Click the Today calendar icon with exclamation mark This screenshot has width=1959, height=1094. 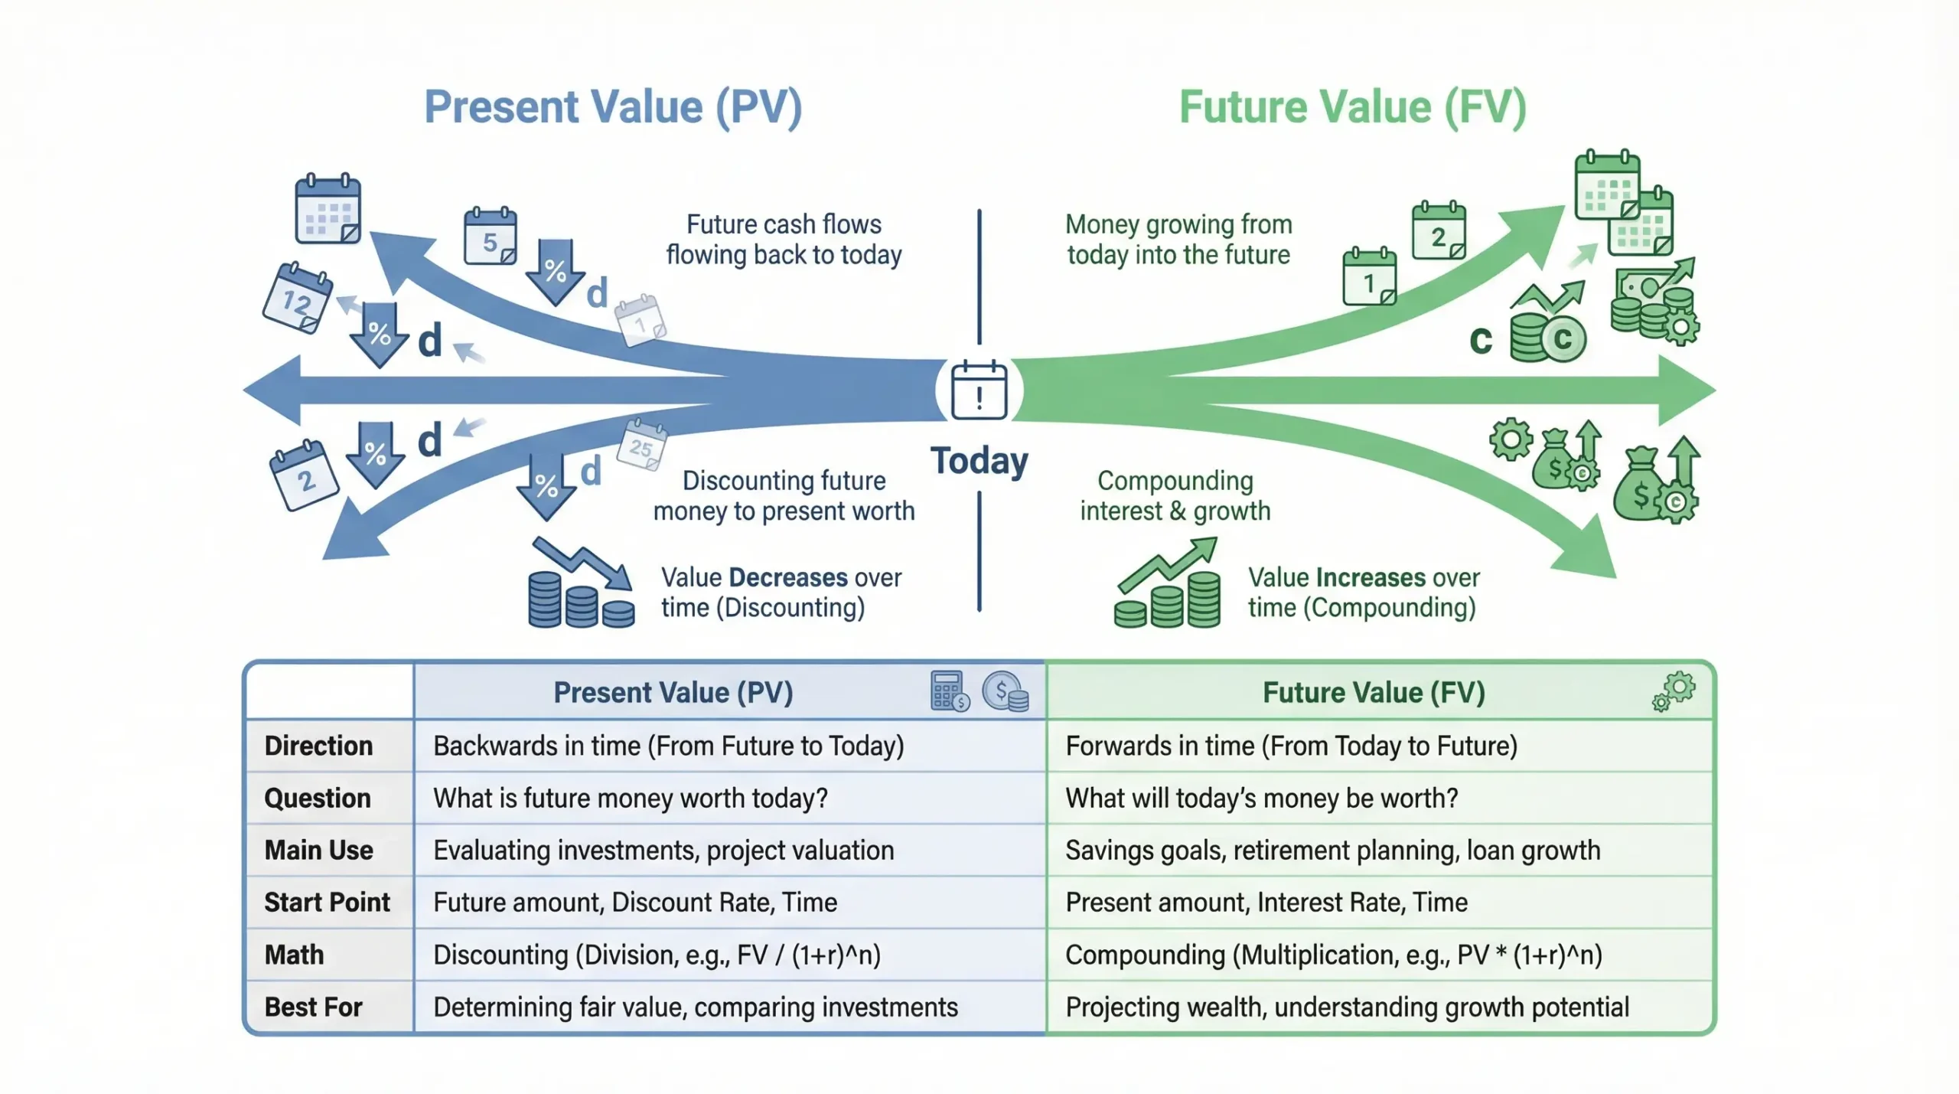(x=979, y=390)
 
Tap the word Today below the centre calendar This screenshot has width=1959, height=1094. (x=979, y=461)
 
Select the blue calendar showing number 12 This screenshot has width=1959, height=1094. (x=297, y=298)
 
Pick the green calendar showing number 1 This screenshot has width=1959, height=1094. (x=1369, y=277)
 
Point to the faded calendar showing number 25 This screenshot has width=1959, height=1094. (x=641, y=445)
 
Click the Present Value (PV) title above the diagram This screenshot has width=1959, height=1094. (x=613, y=106)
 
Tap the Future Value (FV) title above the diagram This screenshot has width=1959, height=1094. (x=1352, y=106)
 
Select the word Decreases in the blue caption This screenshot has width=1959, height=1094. (x=788, y=577)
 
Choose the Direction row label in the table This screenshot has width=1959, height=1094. (x=318, y=746)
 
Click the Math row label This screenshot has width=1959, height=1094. (x=294, y=955)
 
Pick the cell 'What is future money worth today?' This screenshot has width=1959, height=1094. (x=631, y=798)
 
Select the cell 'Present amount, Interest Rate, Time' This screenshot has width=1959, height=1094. (x=1266, y=902)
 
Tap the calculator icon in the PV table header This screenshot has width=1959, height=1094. (x=949, y=691)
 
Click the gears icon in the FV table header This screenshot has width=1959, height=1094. (x=1674, y=691)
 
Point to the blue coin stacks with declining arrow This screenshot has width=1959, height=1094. (x=581, y=585)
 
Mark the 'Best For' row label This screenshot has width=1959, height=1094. (x=313, y=1007)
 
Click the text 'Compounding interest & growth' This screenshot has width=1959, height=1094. (x=1175, y=496)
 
